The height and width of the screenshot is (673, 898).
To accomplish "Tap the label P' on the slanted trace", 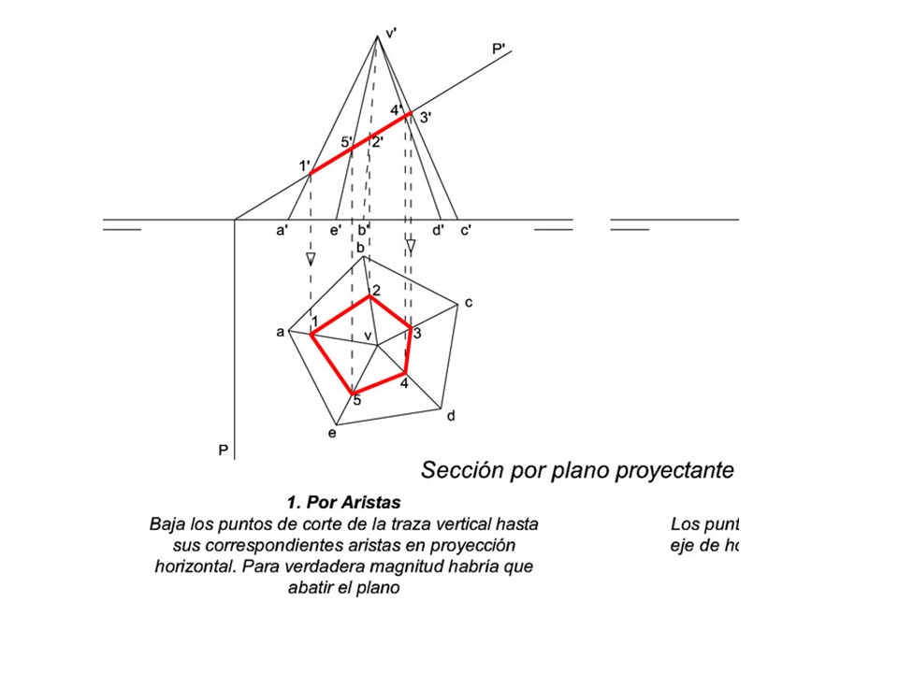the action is (x=500, y=49).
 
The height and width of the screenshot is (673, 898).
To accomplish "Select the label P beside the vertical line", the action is (x=224, y=451).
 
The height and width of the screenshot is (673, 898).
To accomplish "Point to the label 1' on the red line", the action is (x=304, y=165).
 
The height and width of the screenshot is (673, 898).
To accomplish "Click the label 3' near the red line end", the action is (x=426, y=118).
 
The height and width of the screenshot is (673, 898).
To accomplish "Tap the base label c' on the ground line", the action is (x=465, y=230).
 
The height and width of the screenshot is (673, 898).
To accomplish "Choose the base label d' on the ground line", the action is (x=438, y=230).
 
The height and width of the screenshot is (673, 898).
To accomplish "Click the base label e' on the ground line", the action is (x=336, y=230).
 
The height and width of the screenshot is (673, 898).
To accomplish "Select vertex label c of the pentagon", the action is (x=469, y=302).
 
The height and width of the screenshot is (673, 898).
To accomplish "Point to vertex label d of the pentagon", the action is (x=451, y=415).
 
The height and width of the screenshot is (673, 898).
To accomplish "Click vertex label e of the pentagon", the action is (x=331, y=433).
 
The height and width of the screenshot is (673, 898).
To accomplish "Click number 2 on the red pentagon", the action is (x=376, y=291).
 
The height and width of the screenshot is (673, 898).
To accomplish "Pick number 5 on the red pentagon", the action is (x=356, y=402).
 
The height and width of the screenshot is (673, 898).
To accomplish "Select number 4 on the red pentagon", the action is (x=403, y=383).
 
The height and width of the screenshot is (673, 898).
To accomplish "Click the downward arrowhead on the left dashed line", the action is (x=311, y=259).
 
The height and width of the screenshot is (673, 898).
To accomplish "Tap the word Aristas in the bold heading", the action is (x=372, y=503).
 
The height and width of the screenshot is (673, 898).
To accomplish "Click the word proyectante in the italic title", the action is (x=674, y=469).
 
